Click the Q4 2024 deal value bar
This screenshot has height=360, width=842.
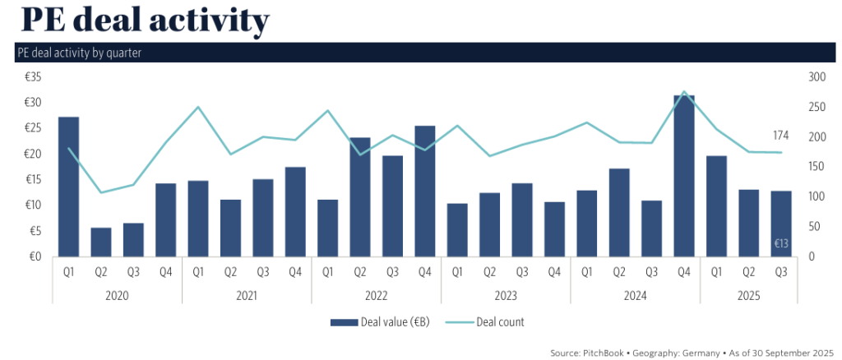point(683,176)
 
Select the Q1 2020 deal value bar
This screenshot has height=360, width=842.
point(68,187)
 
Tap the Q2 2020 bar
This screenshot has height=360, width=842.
point(101,242)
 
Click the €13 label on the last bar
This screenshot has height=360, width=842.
point(781,243)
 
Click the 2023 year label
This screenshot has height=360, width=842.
point(506,295)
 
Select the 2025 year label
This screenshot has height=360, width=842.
point(748,295)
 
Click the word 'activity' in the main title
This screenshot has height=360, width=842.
point(198,21)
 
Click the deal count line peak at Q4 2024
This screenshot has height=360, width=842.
point(684,92)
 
